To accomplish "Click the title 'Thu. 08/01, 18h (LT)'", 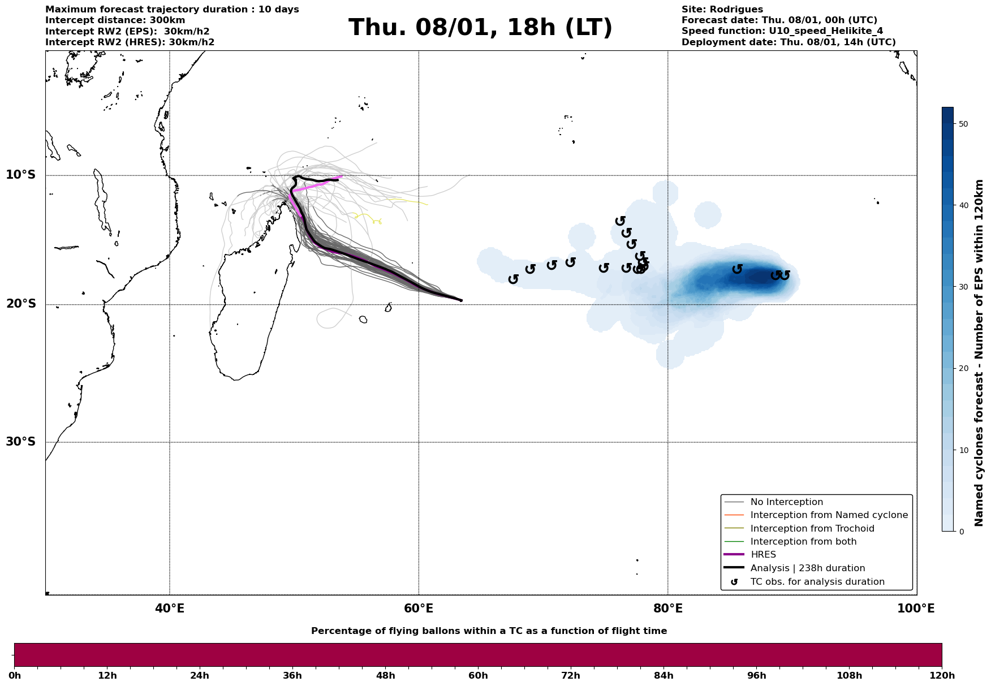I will (480, 28).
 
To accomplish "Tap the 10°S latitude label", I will (21, 175).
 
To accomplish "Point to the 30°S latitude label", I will (21, 442).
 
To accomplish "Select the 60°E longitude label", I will (419, 609).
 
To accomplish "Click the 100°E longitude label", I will (916, 609).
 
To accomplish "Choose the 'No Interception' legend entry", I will (786, 502).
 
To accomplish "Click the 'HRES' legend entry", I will (763, 555).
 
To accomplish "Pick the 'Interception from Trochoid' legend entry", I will (812, 529).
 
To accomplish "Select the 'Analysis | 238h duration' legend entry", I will (807, 568).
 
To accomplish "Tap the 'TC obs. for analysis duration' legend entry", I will (817, 582).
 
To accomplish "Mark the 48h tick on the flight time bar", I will (386, 675).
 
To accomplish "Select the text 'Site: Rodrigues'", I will (722, 10).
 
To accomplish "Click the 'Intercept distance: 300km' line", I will (115, 20).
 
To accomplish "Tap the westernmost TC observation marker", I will (513, 279).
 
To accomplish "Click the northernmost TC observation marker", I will (620, 221).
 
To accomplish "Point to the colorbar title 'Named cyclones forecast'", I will (979, 353).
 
